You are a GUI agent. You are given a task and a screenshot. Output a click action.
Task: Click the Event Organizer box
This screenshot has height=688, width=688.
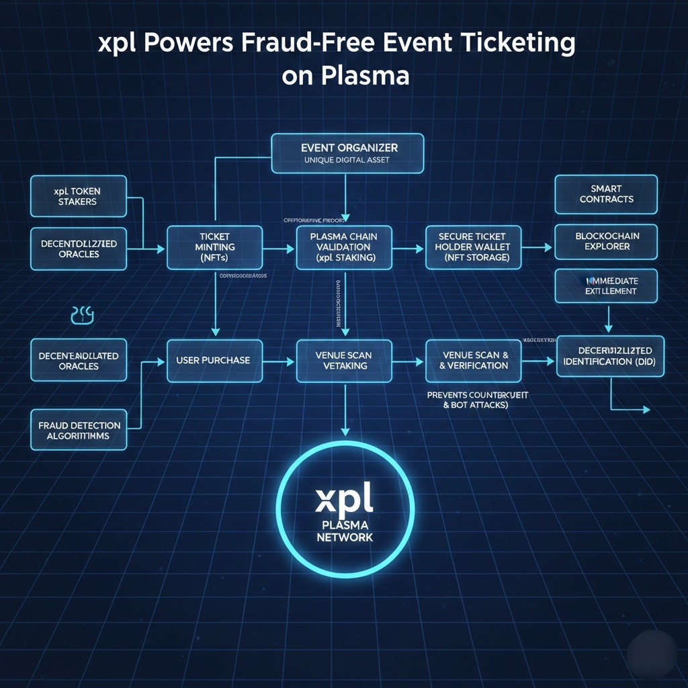(x=347, y=153)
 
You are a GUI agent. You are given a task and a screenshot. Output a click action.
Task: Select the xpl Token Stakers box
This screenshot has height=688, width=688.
(x=78, y=196)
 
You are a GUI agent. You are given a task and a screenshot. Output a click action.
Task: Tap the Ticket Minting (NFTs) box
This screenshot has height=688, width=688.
(x=214, y=247)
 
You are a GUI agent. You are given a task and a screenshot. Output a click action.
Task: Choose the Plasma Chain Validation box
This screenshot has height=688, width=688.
(x=343, y=247)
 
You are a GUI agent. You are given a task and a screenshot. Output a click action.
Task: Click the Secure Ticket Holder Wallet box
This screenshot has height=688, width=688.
(x=473, y=247)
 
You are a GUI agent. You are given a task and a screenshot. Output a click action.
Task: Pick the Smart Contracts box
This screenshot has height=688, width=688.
(x=606, y=194)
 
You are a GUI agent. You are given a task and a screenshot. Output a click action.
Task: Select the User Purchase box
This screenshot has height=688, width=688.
(x=214, y=361)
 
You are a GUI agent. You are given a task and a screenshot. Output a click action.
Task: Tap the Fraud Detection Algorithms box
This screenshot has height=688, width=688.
(x=79, y=430)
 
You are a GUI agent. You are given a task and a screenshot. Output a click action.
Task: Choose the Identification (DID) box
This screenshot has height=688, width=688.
(x=610, y=356)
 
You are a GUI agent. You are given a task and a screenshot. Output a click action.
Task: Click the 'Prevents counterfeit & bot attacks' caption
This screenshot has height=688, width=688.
(x=477, y=400)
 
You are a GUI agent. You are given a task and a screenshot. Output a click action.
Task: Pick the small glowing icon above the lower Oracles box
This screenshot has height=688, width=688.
(x=82, y=314)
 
